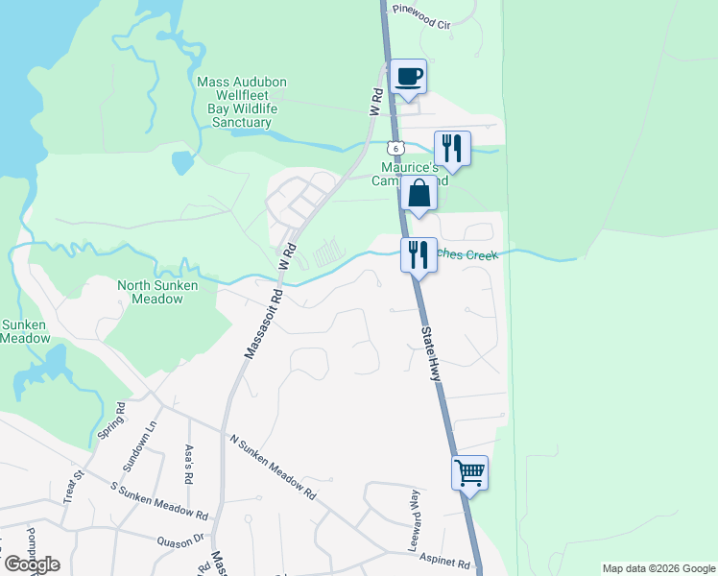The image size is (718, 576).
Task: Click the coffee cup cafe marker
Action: click(408, 77)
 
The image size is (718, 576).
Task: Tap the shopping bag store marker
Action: click(419, 193)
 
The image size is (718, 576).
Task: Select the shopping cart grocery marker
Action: click(469, 472)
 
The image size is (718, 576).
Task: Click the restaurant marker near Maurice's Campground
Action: click(452, 149)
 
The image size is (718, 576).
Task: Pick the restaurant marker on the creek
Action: click(418, 254)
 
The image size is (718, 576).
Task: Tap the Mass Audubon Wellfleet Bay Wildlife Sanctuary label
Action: click(242, 103)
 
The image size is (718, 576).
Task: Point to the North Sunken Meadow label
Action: click(150, 292)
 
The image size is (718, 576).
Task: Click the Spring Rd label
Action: click(112, 421)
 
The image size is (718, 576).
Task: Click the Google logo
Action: click(31, 564)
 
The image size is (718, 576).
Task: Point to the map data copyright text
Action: click(658, 568)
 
